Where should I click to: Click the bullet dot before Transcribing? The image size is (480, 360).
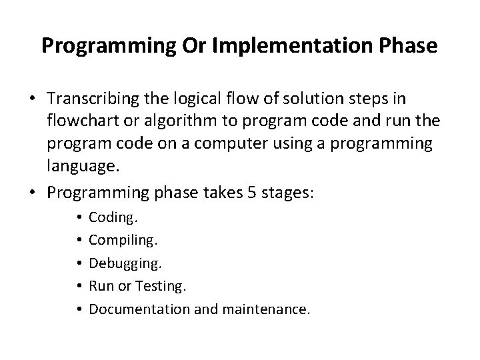33,99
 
